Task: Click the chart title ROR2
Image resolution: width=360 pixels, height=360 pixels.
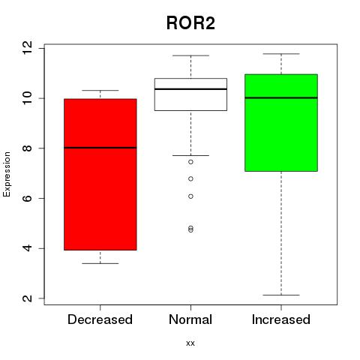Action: tap(190, 23)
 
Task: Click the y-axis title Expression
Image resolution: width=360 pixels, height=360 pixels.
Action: tap(7, 174)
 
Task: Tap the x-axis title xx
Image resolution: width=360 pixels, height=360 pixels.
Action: tap(190, 343)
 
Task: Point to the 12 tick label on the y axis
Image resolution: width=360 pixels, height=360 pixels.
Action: tap(27, 47)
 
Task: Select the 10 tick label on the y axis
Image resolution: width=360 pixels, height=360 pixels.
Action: tap(27, 98)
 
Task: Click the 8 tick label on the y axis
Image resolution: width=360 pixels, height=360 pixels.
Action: tap(27, 148)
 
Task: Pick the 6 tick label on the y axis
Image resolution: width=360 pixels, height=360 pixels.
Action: tap(27, 198)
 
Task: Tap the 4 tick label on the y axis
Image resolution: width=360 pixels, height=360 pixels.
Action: tap(27, 248)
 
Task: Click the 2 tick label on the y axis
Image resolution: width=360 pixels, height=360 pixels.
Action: tap(27, 298)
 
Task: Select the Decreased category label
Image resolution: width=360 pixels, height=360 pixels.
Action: tap(100, 319)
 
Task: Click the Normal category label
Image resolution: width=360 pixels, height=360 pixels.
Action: tap(190, 319)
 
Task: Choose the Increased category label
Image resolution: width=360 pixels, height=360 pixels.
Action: tap(281, 319)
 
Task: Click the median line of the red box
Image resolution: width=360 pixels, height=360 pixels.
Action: tap(100, 148)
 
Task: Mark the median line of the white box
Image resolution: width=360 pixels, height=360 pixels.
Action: tap(190, 89)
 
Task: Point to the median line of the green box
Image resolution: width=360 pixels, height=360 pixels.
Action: tap(281, 97)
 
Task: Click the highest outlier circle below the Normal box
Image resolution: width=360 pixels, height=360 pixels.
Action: tap(190, 162)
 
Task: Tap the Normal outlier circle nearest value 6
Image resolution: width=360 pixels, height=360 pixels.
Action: tap(190, 196)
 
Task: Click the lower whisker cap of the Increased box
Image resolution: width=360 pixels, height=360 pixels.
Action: tap(281, 295)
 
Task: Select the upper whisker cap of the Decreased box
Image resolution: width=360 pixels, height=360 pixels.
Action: tap(100, 90)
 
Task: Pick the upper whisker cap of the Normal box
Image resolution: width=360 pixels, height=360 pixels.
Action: tap(190, 55)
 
